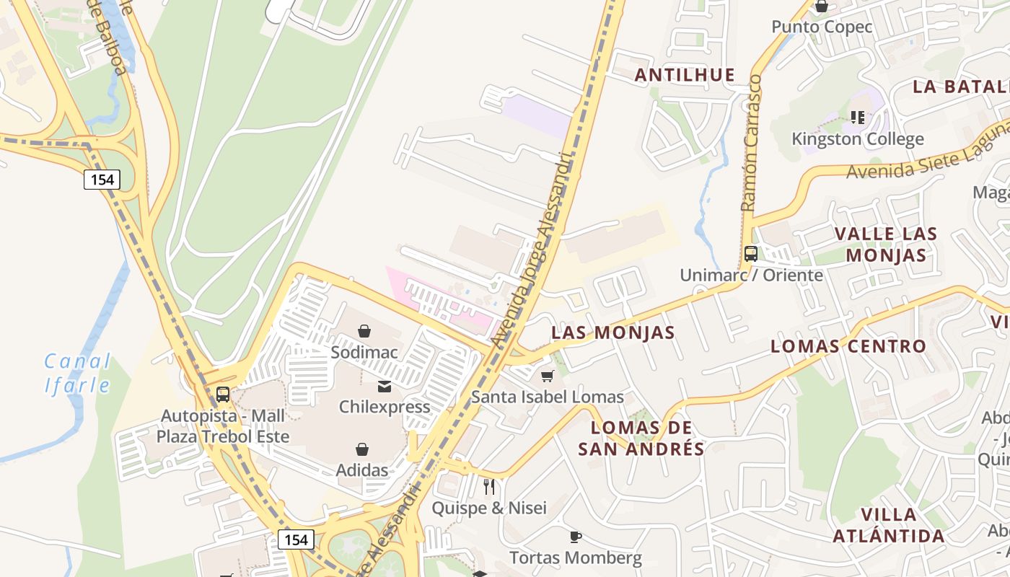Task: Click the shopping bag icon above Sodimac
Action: (x=364, y=331)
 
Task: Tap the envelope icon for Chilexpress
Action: (x=385, y=387)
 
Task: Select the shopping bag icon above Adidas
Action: (x=362, y=449)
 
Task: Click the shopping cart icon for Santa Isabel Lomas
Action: (x=548, y=376)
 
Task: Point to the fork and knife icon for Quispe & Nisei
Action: (x=489, y=486)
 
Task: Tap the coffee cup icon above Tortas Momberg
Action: (x=575, y=537)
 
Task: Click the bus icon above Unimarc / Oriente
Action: (x=751, y=254)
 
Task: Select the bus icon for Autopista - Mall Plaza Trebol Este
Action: (x=223, y=395)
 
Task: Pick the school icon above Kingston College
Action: (x=858, y=117)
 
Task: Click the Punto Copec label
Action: (x=822, y=27)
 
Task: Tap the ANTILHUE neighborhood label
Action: (x=685, y=75)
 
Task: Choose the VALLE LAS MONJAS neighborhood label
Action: (x=886, y=245)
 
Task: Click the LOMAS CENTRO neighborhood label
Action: (x=848, y=346)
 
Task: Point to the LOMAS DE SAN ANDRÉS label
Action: (x=641, y=438)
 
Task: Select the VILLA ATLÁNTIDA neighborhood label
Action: (x=889, y=525)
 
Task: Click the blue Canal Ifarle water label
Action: (x=78, y=373)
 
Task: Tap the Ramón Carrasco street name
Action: (x=751, y=142)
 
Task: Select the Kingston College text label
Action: (x=857, y=139)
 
